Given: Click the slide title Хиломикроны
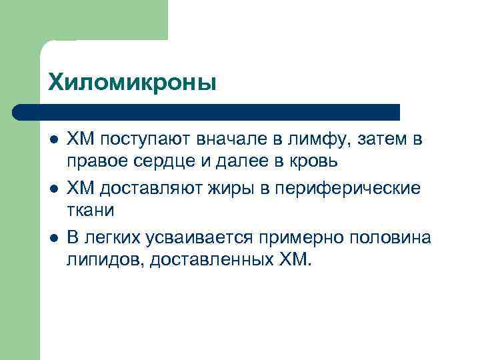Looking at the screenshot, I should click(x=132, y=83).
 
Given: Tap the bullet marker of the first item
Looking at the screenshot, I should click(x=53, y=139).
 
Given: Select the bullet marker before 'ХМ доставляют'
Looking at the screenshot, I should click(x=53, y=189).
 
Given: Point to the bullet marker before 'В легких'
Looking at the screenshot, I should click(x=53, y=238).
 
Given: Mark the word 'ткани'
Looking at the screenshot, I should click(x=91, y=211).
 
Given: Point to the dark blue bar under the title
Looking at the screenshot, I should click(x=207, y=112).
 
